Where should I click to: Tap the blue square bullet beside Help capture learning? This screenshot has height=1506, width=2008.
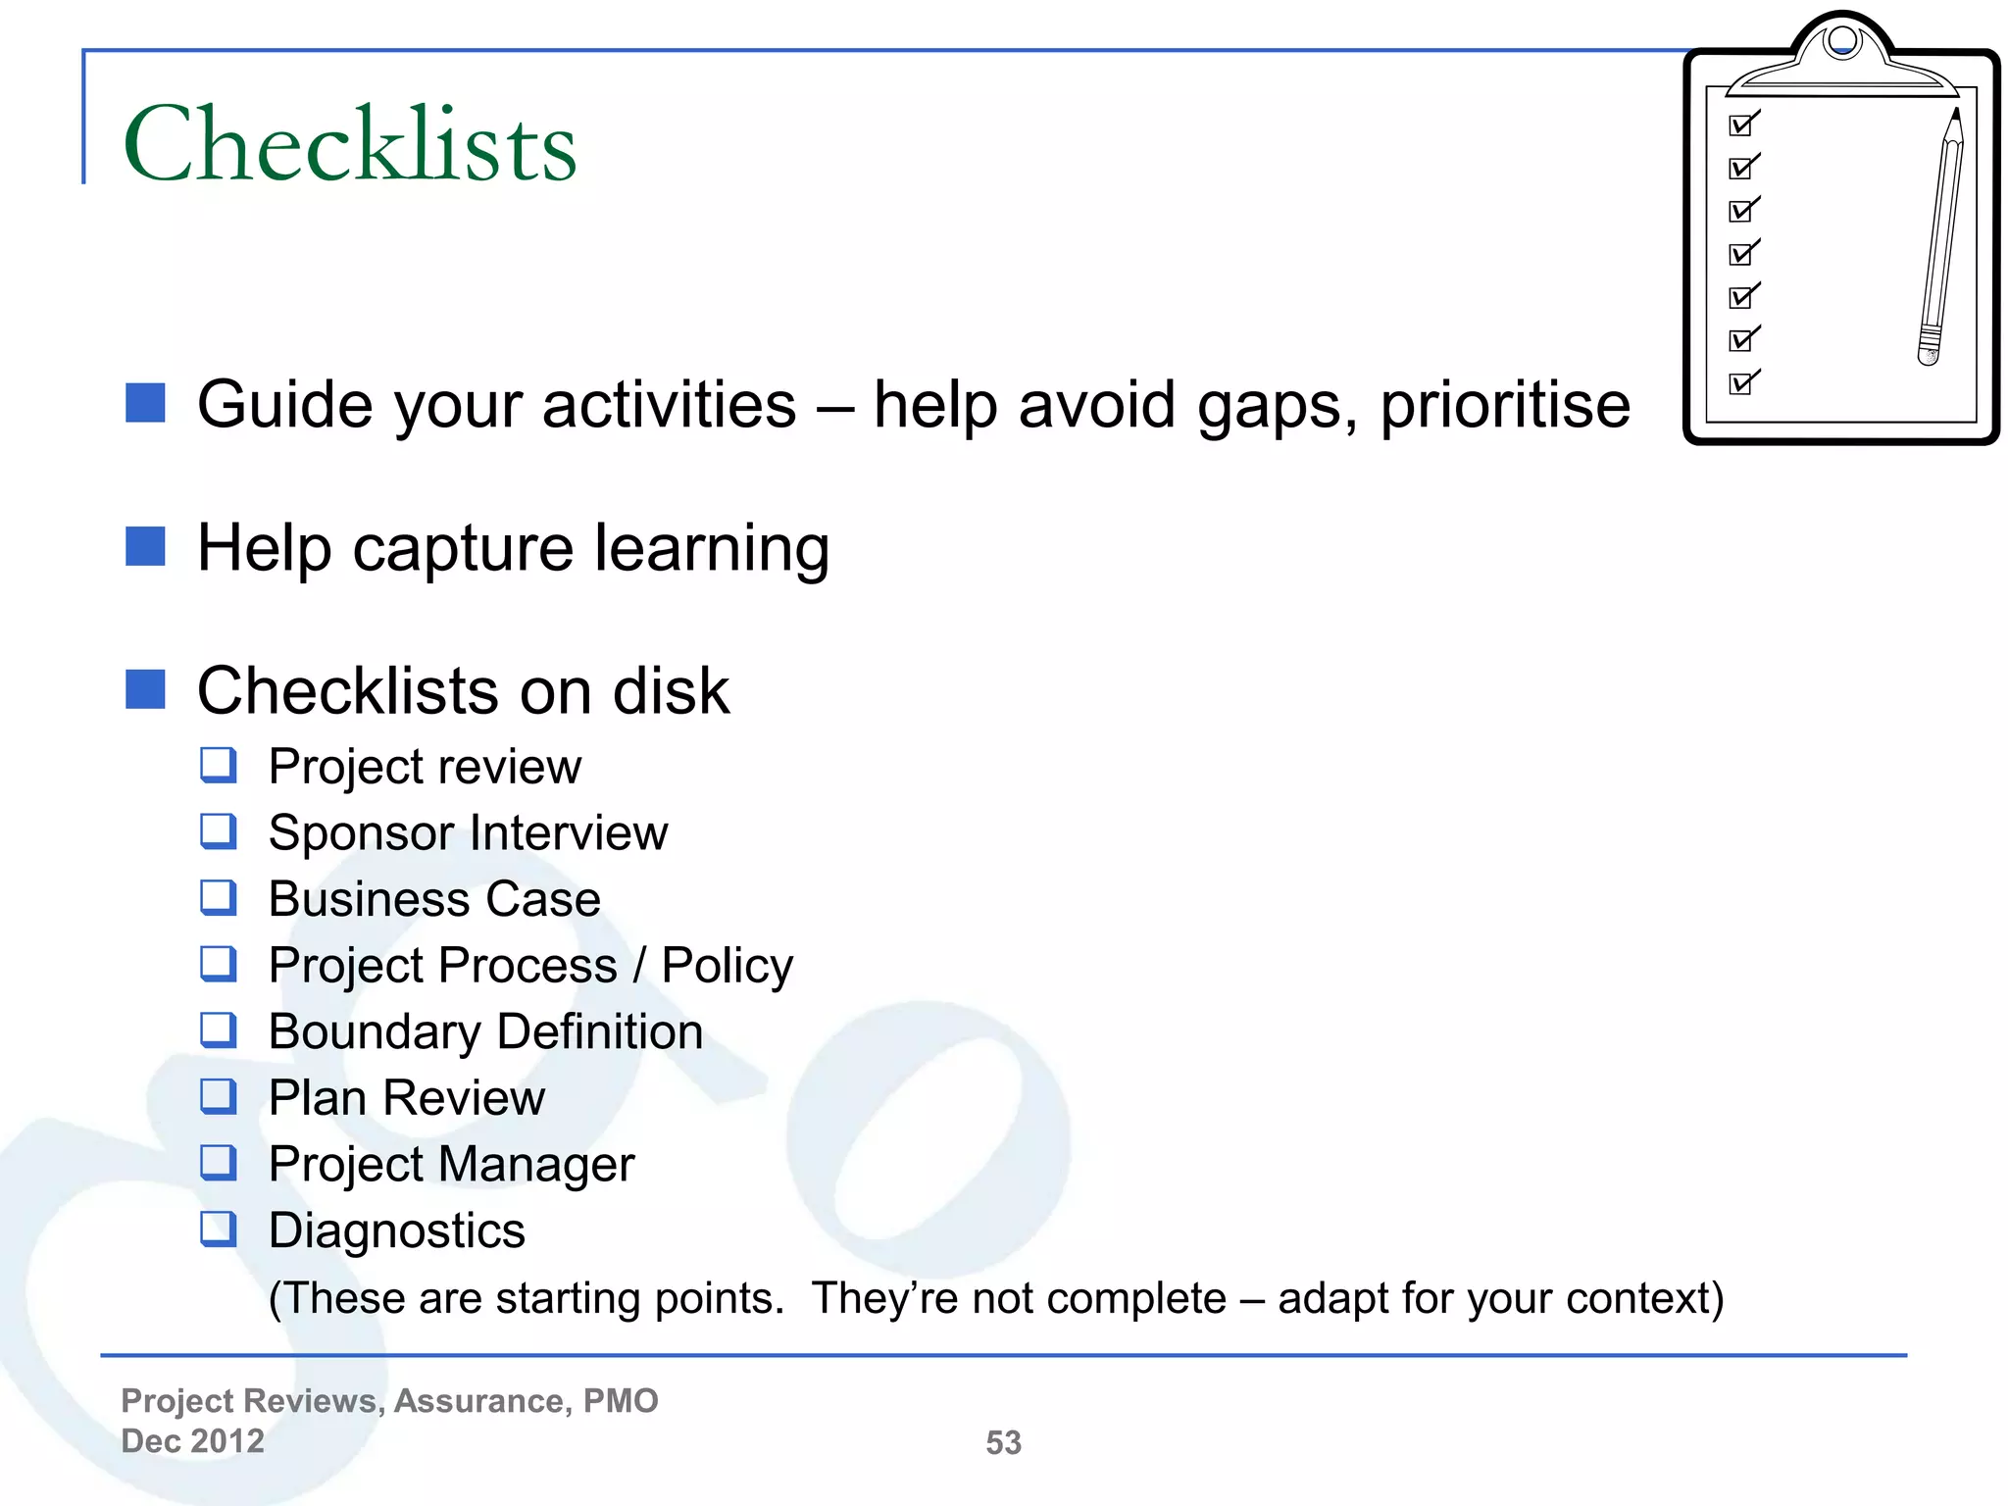point(145,546)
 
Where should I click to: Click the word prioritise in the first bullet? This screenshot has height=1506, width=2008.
point(1505,405)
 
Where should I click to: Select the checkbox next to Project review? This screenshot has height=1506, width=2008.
point(218,765)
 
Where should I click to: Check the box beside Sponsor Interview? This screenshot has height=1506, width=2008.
point(218,831)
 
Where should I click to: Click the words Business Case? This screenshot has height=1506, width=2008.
point(434,899)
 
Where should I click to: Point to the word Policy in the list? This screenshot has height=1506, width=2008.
point(727,966)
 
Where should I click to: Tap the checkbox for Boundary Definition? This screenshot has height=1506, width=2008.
point(218,1030)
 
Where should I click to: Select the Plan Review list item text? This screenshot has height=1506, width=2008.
point(407,1097)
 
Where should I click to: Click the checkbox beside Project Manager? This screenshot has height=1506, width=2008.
point(218,1163)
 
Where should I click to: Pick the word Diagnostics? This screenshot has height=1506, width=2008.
point(397,1230)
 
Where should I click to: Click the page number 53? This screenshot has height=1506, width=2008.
point(1003,1442)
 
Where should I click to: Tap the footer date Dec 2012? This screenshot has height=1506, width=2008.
point(193,1440)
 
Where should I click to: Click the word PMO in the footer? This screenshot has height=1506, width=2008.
point(621,1400)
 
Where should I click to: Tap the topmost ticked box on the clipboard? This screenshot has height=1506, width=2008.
point(1742,125)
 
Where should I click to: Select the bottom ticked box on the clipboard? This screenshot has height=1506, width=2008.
point(1742,382)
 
